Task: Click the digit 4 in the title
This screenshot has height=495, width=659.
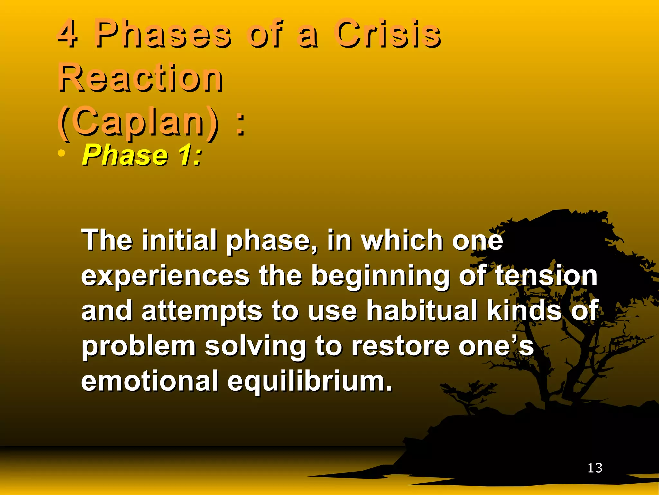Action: pos(68,33)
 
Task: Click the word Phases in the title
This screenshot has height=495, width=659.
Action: pos(162,33)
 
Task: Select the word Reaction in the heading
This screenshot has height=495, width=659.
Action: pos(140,77)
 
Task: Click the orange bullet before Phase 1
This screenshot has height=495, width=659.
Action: pos(61,153)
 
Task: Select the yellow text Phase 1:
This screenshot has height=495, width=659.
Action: pos(142,155)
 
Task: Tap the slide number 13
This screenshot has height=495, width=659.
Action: pos(595,468)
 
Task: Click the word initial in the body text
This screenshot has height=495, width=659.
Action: pos(179,240)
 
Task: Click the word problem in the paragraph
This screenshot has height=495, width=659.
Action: pos(139,347)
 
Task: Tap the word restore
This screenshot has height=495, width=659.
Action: pos(401,346)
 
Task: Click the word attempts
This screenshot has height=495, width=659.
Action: pos(202,311)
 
